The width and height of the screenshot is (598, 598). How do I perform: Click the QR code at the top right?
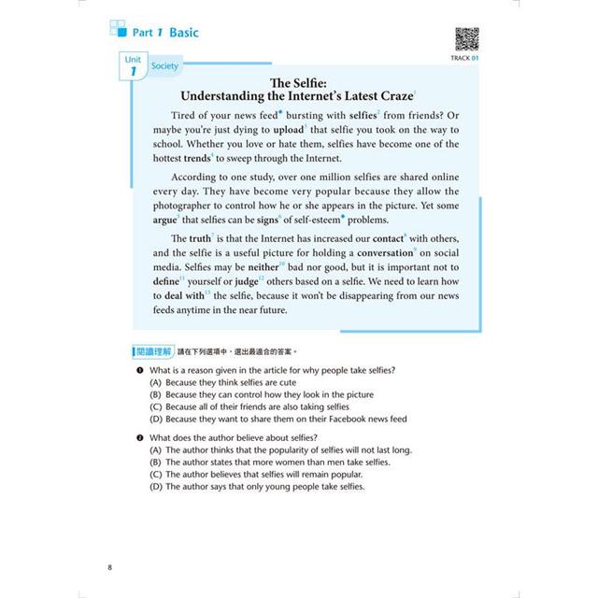coord(466,40)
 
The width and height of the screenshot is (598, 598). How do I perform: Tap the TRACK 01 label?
coord(464,60)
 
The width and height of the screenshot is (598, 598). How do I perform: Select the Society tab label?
coord(164,66)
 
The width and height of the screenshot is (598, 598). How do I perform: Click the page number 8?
coord(111,567)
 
